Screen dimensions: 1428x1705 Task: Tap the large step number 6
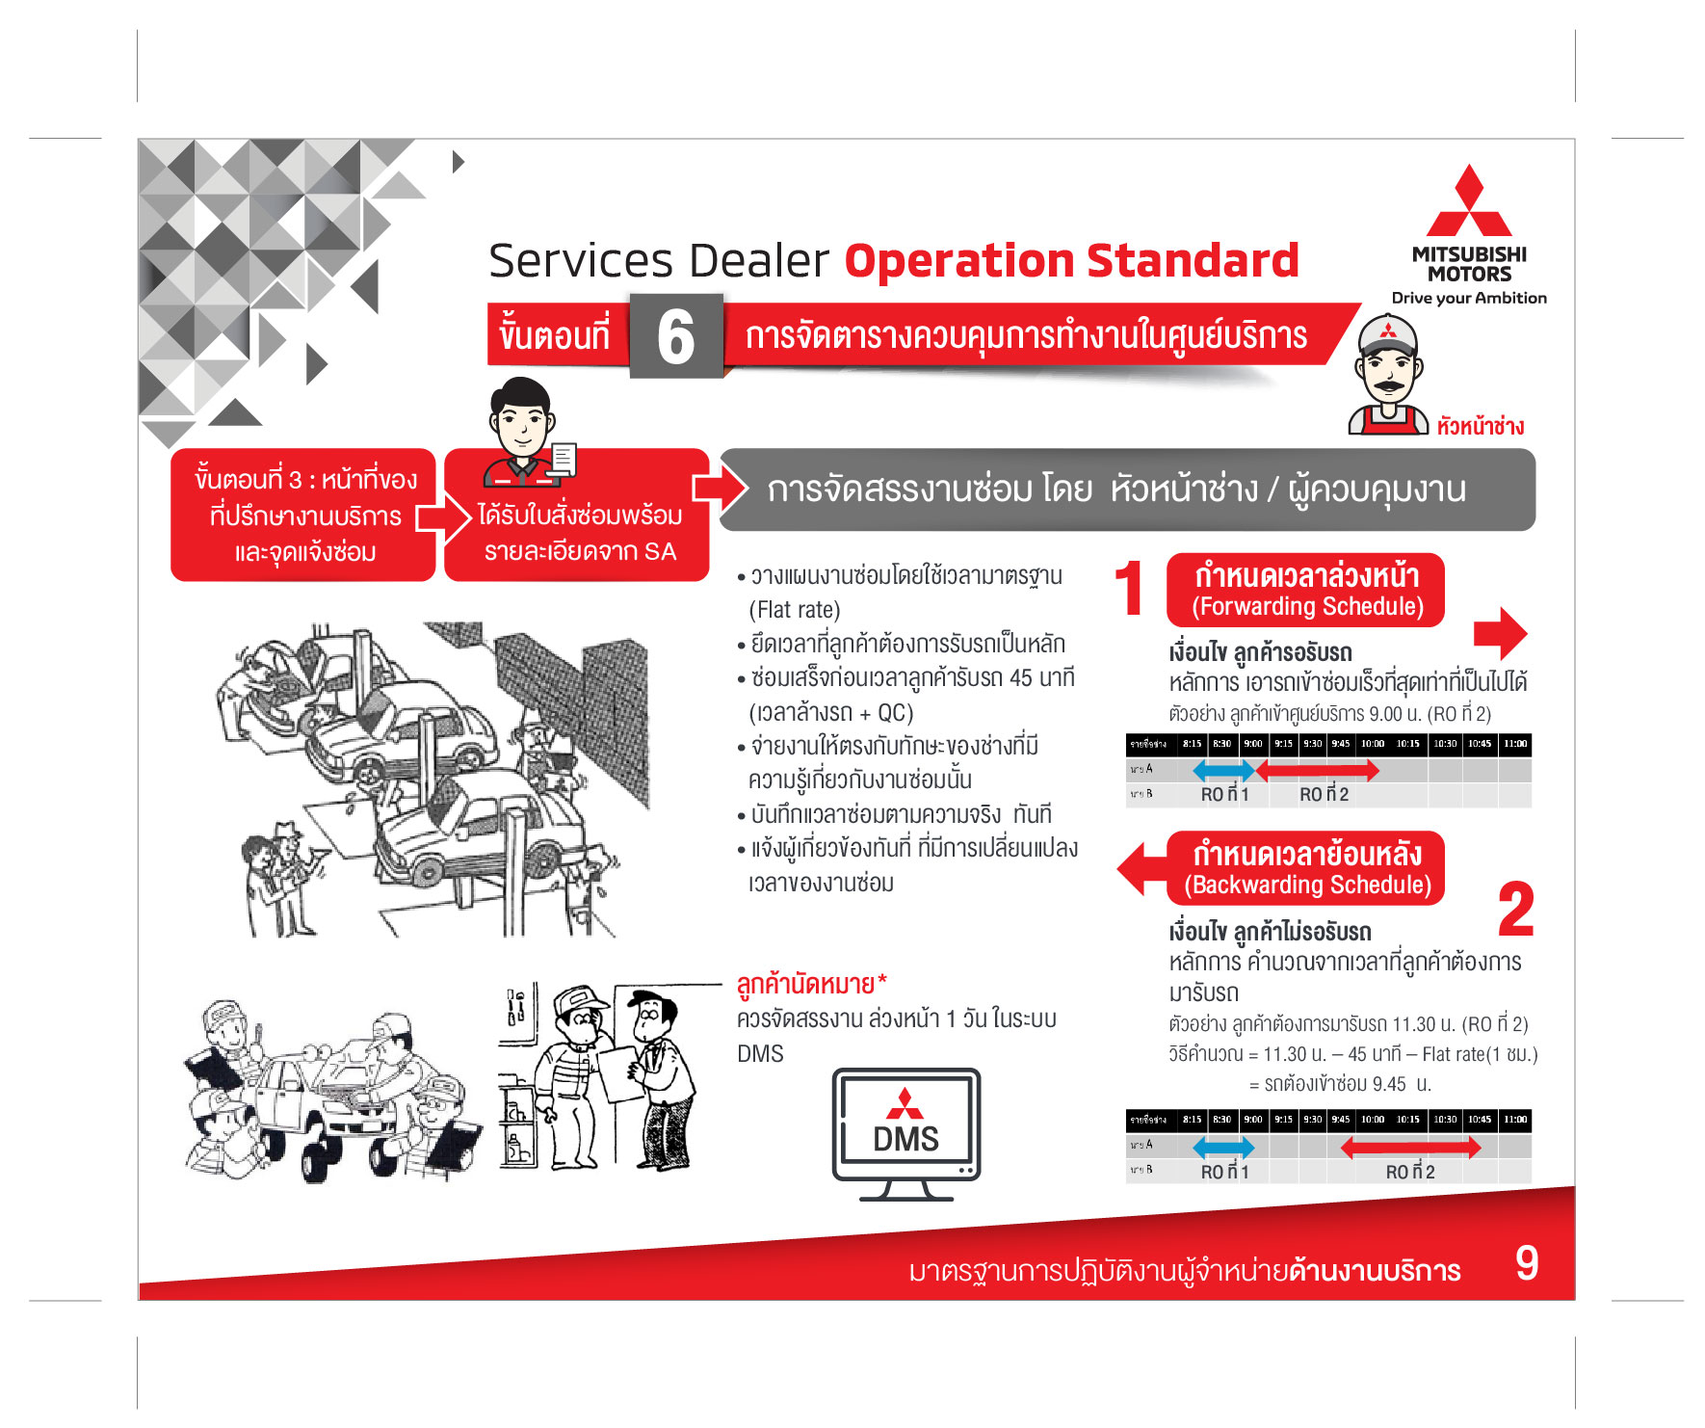click(x=675, y=337)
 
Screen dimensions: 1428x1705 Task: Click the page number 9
click(x=1526, y=1263)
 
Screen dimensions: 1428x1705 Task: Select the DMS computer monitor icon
click(x=905, y=1131)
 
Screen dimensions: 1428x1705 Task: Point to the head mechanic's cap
click(x=1387, y=333)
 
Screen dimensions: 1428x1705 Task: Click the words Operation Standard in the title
click(x=1071, y=261)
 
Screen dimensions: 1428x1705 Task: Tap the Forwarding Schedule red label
click(x=1305, y=590)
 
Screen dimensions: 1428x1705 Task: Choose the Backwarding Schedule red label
click(x=1305, y=868)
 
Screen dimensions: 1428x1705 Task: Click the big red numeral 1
click(x=1129, y=589)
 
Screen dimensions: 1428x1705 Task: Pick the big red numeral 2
click(x=1515, y=910)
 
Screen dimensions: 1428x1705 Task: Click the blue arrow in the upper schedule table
click(x=1223, y=770)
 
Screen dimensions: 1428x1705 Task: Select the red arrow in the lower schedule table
click(x=1410, y=1147)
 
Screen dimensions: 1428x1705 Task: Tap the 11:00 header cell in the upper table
click(x=1515, y=744)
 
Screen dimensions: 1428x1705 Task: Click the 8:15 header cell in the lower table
click(x=1192, y=1120)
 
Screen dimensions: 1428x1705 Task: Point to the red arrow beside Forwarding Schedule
click(x=1500, y=633)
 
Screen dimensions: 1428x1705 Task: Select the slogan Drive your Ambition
click(x=1468, y=299)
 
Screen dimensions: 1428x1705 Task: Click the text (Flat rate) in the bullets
click(x=795, y=610)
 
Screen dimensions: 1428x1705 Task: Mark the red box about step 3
click(x=303, y=516)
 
